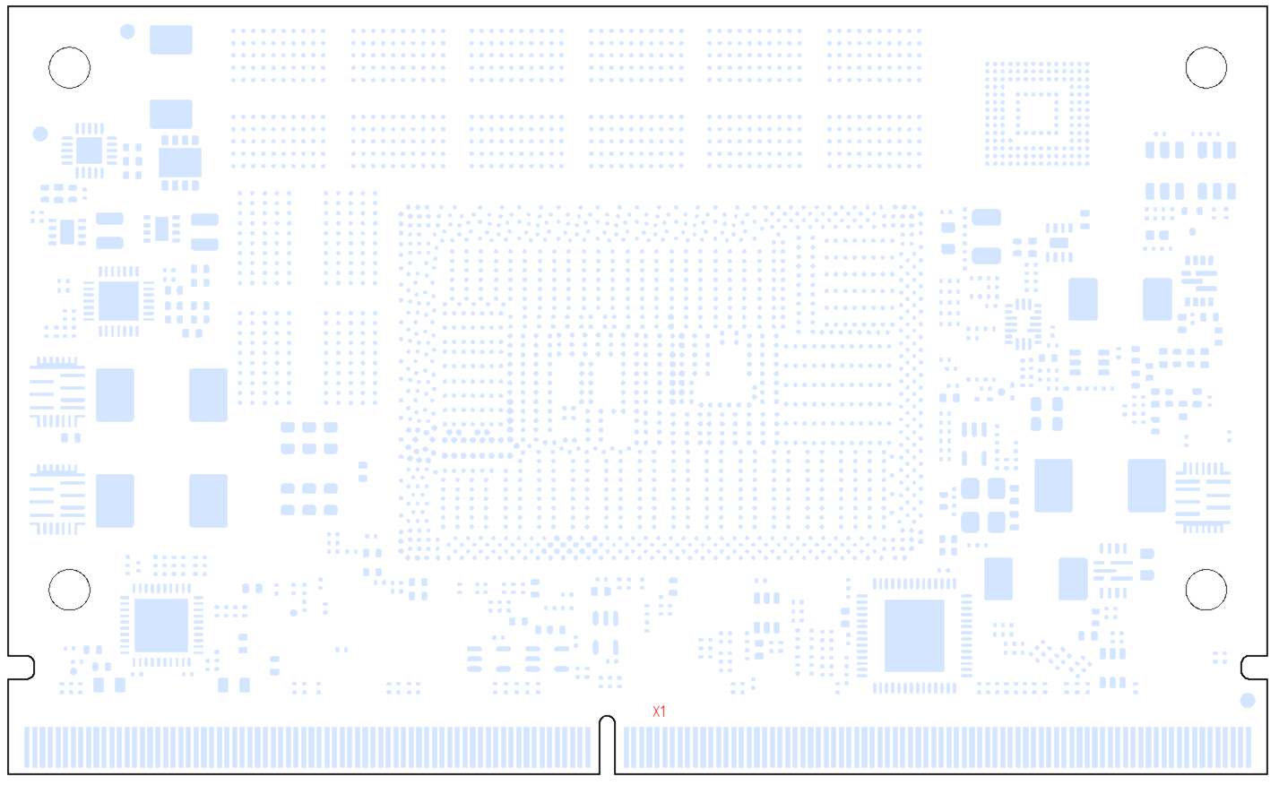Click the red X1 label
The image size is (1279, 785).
(x=659, y=712)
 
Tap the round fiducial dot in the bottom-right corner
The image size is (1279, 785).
(x=1248, y=700)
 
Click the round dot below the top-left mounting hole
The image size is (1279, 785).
(x=40, y=134)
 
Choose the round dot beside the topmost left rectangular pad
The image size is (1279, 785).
(x=127, y=31)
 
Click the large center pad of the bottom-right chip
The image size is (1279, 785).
(x=914, y=635)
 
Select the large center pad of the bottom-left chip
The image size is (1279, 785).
(x=161, y=625)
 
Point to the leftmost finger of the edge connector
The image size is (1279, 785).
(x=26, y=747)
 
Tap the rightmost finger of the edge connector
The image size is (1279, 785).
(x=1249, y=747)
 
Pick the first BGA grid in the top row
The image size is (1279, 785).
(x=278, y=56)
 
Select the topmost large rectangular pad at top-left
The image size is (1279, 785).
(x=170, y=39)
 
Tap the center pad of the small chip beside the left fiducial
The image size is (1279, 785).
(x=89, y=151)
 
